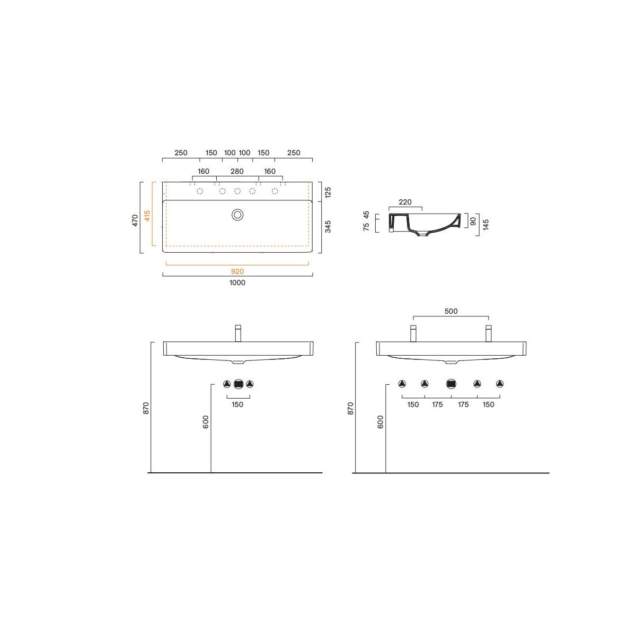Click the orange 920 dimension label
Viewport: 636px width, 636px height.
[x=237, y=271]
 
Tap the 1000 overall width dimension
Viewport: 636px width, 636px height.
[x=237, y=282]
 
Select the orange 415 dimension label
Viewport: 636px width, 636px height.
[x=147, y=216]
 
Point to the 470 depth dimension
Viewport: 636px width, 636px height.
[x=135, y=220]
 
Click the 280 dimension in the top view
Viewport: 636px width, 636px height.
[x=237, y=171]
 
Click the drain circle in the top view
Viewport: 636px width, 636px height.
[x=237, y=215]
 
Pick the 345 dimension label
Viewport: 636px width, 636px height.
[x=328, y=227]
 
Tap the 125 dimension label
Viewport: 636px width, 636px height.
[x=328, y=192]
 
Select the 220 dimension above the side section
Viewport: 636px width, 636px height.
[x=405, y=202]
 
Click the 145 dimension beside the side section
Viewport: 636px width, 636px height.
[x=485, y=225]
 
